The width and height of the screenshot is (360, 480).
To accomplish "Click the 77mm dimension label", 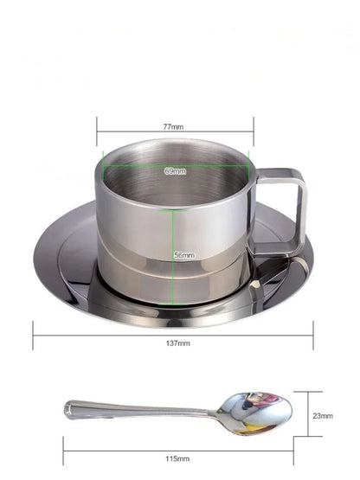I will tap(175, 126).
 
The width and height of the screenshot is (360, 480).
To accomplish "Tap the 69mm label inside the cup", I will tap(175, 171).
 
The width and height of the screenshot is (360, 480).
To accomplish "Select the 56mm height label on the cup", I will tap(183, 255).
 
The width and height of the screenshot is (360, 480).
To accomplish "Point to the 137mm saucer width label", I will tap(177, 343).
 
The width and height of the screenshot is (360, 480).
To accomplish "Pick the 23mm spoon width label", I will tap(322, 416).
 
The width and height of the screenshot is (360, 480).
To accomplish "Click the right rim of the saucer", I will tap(313, 259).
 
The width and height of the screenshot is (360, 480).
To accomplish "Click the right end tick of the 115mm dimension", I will tap(292, 450).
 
